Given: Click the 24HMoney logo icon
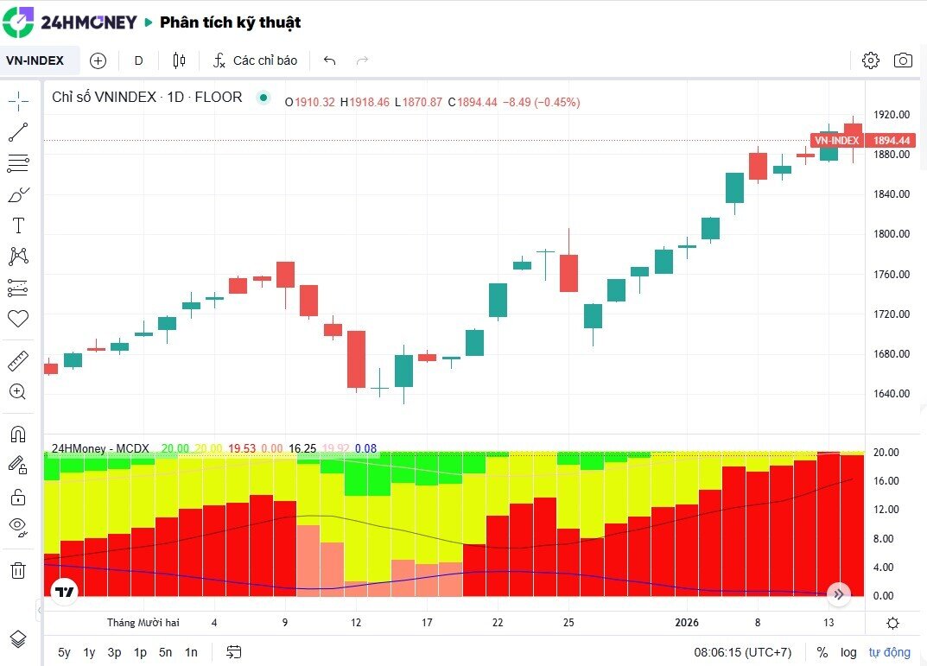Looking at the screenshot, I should [18, 22].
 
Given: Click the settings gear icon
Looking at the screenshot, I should [871, 60].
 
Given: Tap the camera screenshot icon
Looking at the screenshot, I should [903, 60].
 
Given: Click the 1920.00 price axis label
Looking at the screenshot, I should [891, 114].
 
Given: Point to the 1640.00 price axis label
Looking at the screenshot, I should [891, 394].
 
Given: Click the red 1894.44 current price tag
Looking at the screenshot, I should [892, 140].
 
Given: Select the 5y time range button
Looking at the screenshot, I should [65, 652].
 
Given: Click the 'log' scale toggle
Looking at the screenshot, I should [848, 652].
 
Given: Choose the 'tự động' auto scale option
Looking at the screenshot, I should [890, 652].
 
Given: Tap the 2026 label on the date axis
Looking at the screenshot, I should [687, 623].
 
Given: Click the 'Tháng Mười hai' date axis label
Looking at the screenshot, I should [143, 623].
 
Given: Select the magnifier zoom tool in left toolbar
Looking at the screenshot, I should [18, 391].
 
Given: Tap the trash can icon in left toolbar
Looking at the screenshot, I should [18, 570].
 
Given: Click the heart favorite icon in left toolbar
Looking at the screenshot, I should [18, 319].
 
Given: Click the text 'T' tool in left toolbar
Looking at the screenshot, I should [18, 226].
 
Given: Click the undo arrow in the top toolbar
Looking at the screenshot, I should [329, 60].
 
